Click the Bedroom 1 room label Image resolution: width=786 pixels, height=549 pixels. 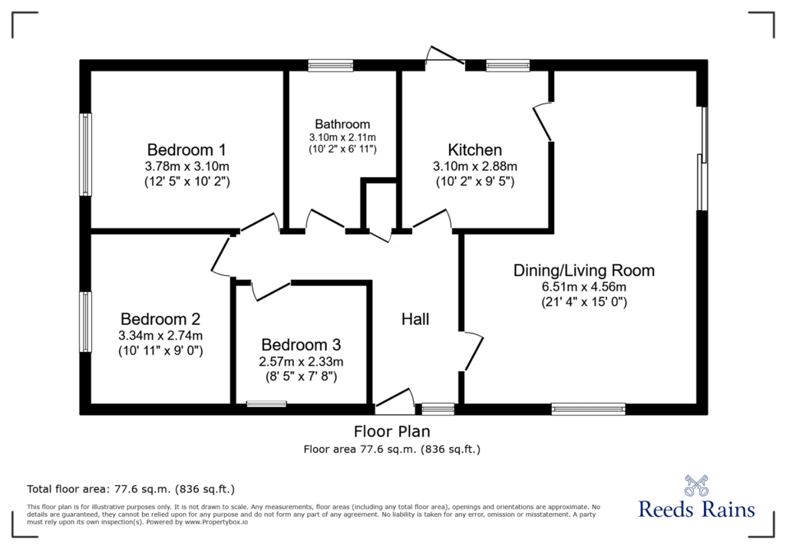pyautogui.click(x=187, y=150)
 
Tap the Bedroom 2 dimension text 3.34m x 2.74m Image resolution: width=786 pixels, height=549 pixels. pyautogui.click(x=160, y=335)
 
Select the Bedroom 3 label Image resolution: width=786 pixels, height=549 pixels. pyautogui.click(x=301, y=344)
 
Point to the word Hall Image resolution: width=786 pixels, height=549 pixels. pyautogui.click(x=415, y=319)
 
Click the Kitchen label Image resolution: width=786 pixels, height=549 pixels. pyautogui.click(x=474, y=150)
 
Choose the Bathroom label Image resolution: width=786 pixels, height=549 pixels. pyautogui.click(x=342, y=123)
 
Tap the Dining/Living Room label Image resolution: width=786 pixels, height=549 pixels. pyautogui.click(x=584, y=271)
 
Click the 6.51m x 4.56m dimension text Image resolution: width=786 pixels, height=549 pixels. pyautogui.click(x=584, y=287)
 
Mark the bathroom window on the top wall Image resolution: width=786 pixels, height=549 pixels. pyautogui.click(x=330, y=65)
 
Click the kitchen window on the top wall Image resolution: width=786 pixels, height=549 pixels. pyautogui.click(x=508, y=65)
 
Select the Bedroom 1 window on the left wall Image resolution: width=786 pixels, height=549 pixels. pyautogui.click(x=86, y=154)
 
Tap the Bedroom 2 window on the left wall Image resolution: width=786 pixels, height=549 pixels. pyautogui.click(x=86, y=321)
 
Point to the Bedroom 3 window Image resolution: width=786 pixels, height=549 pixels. pyautogui.click(x=266, y=404)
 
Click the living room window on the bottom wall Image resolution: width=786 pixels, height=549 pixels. pyautogui.click(x=589, y=409)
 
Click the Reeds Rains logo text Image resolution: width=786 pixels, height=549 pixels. pyautogui.click(x=696, y=509)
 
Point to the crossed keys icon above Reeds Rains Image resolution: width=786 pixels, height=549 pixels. pyautogui.click(x=695, y=485)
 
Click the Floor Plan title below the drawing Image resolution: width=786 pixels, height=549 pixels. pyautogui.click(x=392, y=431)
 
